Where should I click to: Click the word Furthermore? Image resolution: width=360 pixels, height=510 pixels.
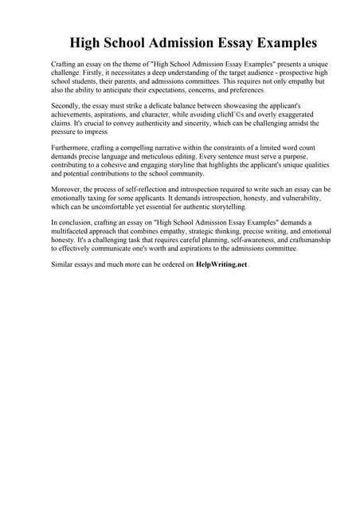tap(74, 150)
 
